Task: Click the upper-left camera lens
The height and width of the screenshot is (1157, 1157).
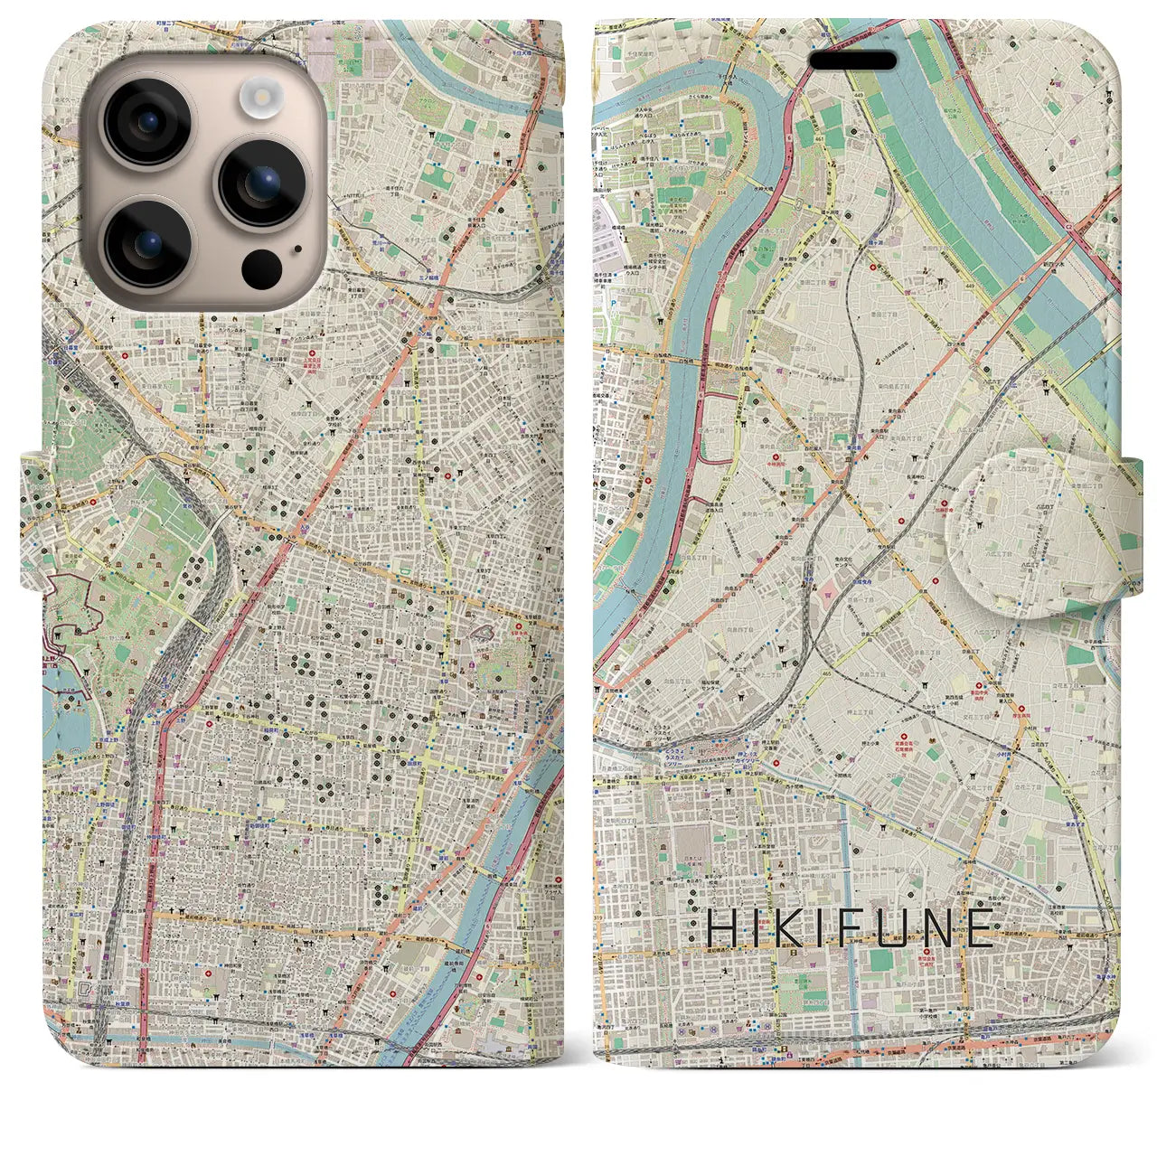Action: [x=146, y=123]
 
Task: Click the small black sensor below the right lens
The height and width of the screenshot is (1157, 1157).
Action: [x=262, y=267]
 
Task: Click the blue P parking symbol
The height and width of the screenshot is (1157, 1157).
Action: [x=612, y=305]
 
